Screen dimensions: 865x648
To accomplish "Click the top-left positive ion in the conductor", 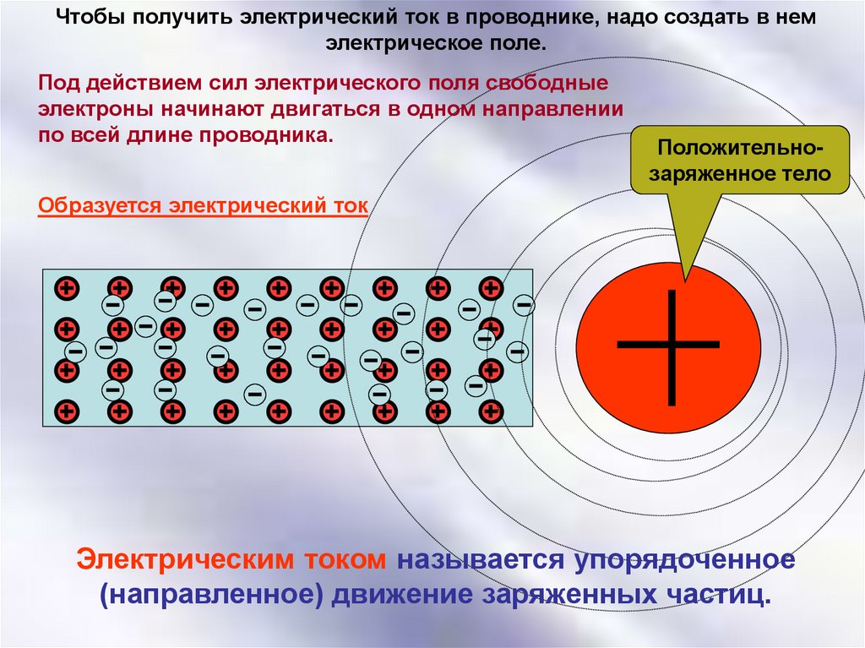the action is (67, 288).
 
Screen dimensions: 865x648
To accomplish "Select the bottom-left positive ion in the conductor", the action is (67, 411).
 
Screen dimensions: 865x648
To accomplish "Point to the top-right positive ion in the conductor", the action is (491, 288).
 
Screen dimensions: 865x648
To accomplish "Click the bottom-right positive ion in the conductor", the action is (491, 411).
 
